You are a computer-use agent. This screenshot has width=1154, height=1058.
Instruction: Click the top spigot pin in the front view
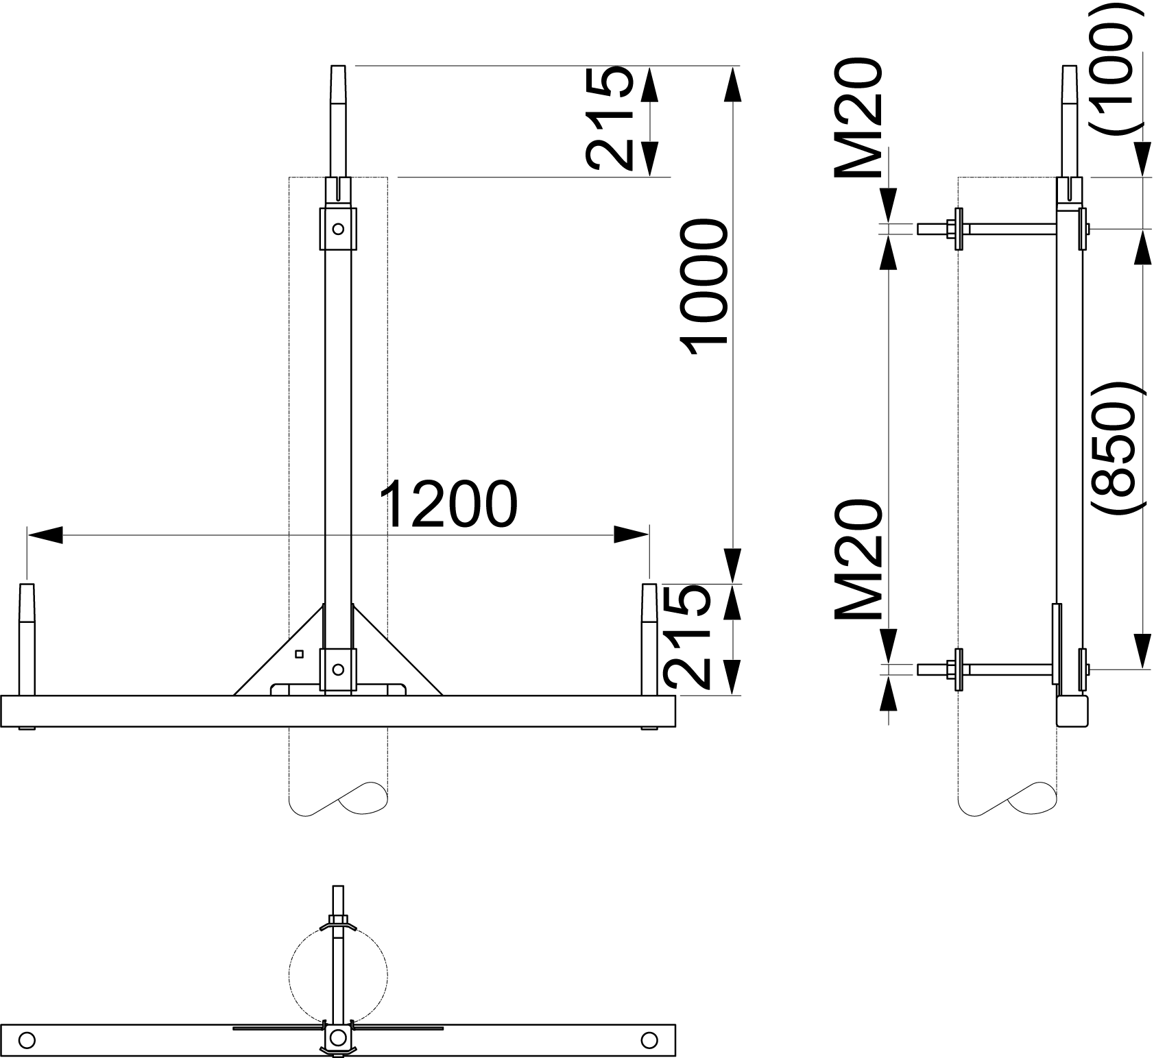click(x=339, y=121)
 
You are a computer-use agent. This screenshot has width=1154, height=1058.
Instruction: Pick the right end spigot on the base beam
click(x=649, y=639)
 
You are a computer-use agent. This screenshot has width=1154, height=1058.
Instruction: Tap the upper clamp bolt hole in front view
click(x=337, y=229)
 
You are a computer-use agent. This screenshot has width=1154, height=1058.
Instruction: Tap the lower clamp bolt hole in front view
click(x=337, y=669)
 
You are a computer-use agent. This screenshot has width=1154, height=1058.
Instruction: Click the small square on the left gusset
click(x=299, y=654)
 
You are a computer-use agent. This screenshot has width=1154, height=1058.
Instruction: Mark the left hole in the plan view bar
click(x=27, y=1039)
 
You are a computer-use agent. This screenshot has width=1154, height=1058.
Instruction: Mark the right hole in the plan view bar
click(x=649, y=1039)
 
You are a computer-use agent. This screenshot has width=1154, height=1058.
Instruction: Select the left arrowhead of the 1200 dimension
click(x=45, y=534)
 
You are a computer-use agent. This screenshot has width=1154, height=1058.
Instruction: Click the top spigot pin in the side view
click(x=1070, y=121)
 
